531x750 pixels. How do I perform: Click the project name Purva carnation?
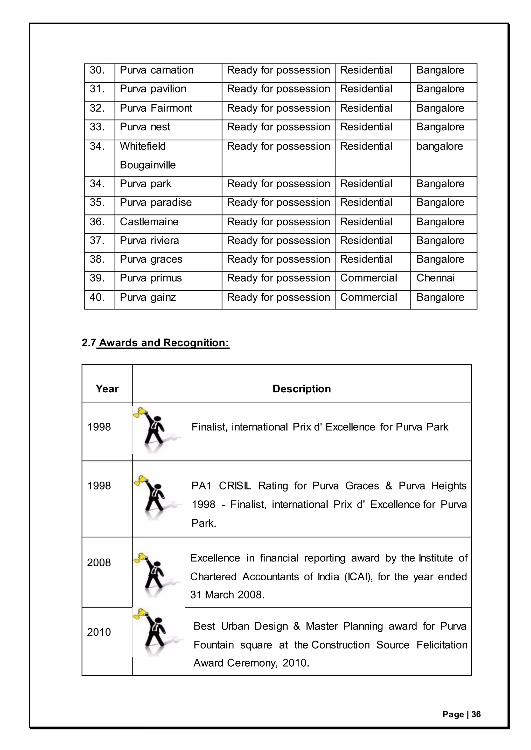157,70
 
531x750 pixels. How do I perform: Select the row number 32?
97,108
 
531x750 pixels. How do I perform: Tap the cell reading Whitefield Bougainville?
148,155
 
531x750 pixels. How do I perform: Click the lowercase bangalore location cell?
439,146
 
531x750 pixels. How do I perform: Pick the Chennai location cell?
436,278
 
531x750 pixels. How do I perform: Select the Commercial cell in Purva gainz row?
368,297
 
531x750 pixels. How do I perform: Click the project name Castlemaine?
149,222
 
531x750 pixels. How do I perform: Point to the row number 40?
97,297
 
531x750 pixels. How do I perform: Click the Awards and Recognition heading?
164,343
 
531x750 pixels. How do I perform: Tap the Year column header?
107,389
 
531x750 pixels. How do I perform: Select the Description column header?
302,389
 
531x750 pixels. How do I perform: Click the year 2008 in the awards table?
99,562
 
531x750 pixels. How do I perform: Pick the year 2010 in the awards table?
99,632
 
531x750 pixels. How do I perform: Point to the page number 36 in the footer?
476,715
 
